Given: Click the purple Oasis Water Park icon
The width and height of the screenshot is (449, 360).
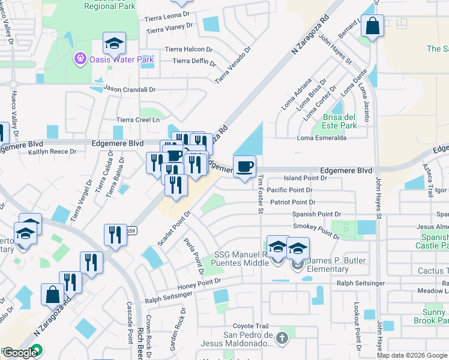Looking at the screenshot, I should coord(80,59).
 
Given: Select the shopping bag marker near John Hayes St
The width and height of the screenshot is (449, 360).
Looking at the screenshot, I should coord(373,26).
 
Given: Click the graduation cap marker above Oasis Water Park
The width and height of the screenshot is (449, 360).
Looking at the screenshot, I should coord(114,43).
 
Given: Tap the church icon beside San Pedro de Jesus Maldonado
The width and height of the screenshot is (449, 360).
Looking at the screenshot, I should coord(282,338).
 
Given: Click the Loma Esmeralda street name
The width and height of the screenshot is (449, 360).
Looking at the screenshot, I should coord(322,137).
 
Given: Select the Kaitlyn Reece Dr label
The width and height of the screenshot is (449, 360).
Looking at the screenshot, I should coord(55,152).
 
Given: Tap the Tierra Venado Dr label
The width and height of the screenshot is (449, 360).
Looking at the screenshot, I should coord(232,65).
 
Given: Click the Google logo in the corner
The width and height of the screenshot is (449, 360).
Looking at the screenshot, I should coord(20,353).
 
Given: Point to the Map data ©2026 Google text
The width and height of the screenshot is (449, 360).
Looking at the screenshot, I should coord(412,355).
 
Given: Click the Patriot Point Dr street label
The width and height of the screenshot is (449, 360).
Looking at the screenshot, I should coord(292,202).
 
